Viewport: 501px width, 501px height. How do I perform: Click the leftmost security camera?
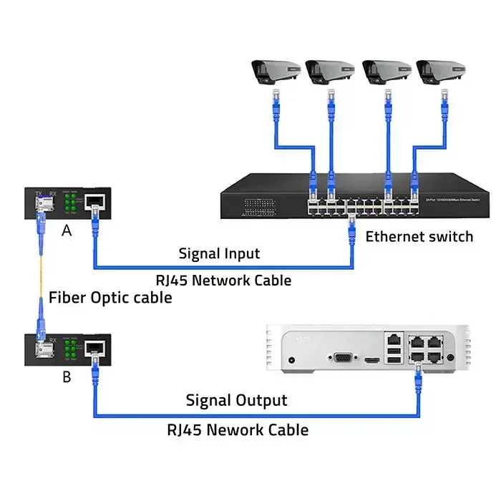pyautogui.click(x=273, y=71)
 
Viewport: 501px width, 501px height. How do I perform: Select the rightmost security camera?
pyautogui.click(x=441, y=71)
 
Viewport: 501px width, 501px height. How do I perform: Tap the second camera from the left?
pyautogui.click(x=329, y=71)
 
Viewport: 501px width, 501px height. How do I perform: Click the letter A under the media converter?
pyautogui.click(x=67, y=230)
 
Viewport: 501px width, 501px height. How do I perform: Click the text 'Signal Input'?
pyautogui.click(x=219, y=253)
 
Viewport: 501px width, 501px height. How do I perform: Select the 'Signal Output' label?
pyautogui.click(x=236, y=400)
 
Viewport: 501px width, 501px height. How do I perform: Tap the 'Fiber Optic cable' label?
pyautogui.click(x=110, y=297)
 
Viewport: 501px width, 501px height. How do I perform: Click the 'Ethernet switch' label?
pyautogui.click(x=419, y=236)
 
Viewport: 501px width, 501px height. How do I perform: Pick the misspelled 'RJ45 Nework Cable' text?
pyautogui.click(x=238, y=429)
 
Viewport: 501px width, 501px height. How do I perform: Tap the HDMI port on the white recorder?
pyautogui.click(x=371, y=359)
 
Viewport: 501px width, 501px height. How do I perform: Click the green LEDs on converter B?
pyautogui.click(x=71, y=350)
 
